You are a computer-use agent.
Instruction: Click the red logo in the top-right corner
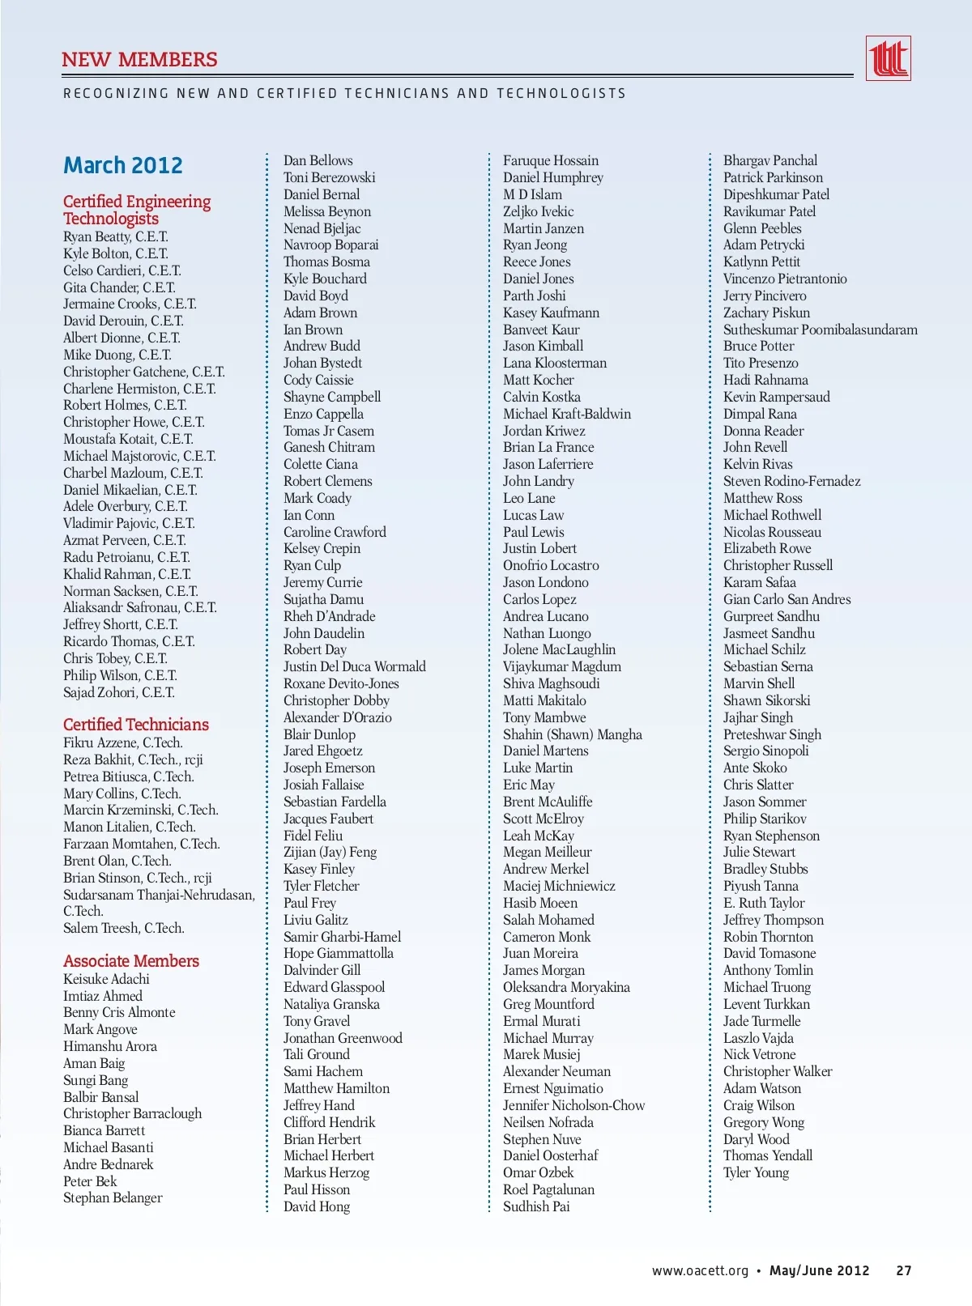tap(888, 58)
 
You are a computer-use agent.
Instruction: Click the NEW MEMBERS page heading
tap(139, 60)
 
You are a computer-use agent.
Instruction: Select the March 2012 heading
tap(123, 165)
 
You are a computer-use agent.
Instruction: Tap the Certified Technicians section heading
tap(136, 725)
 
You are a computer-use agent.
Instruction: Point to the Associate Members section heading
tap(131, 961)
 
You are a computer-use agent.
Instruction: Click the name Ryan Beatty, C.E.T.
tap(116, 236)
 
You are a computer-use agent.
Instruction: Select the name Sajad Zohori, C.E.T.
tap(119, 692)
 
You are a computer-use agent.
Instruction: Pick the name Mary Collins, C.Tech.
tap(122, 793)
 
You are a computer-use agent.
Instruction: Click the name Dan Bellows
tap(318, 160)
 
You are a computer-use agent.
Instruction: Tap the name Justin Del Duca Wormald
tap(355, 666)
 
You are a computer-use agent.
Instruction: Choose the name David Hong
tap(317, 1206)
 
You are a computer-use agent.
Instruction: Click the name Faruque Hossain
tap(551, 160)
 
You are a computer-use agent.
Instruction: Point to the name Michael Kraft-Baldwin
tap(567, 414)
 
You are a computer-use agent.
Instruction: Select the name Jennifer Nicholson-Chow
tap(574, 1105)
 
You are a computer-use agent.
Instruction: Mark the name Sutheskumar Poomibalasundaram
tap(821, 330)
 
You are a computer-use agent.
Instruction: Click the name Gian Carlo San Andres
tap(787, 599)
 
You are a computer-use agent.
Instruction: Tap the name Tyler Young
tap(756, 1172)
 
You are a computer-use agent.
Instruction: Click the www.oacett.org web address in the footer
tap(701, 1270)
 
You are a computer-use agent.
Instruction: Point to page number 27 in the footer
tap(904, 1270)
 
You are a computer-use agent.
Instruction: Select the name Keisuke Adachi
tap(107, 979)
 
